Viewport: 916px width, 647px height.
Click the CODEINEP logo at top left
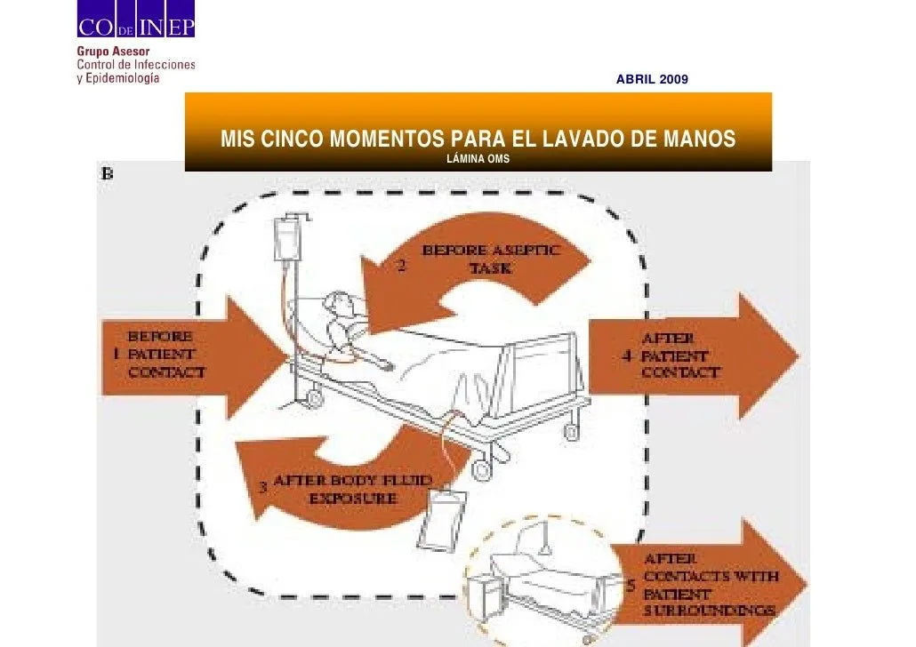[134, 27]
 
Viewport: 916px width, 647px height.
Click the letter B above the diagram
[107, 175]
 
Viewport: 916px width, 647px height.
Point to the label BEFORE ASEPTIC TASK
[490, 259]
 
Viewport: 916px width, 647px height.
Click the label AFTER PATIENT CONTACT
[680, 355]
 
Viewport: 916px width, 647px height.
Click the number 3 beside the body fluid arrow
[263, 488]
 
